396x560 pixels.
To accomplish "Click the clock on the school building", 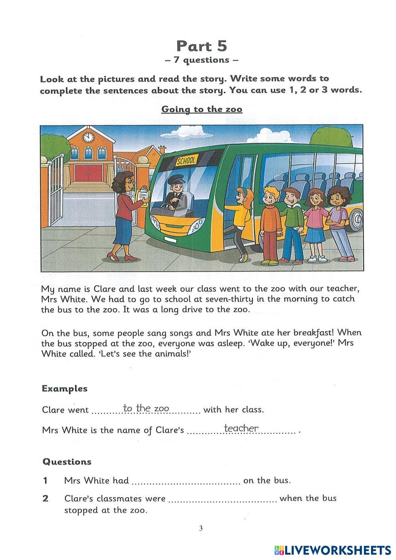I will coord(88,137).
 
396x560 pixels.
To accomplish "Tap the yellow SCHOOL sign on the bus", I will coord(186,161).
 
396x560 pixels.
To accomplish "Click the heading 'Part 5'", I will coord(202,46).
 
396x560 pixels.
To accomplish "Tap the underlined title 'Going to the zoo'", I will coord(202,109).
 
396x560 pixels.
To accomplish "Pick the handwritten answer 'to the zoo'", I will coord(146,408).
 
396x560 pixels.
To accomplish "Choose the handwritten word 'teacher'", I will coord(241,428).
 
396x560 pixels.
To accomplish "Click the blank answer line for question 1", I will coord(186,482).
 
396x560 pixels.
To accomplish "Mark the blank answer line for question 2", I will coord(223,500).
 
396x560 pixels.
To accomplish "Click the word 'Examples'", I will coord(65,389).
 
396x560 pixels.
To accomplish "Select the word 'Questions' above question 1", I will coord(67,462).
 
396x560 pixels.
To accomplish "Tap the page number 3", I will coord(201,528).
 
